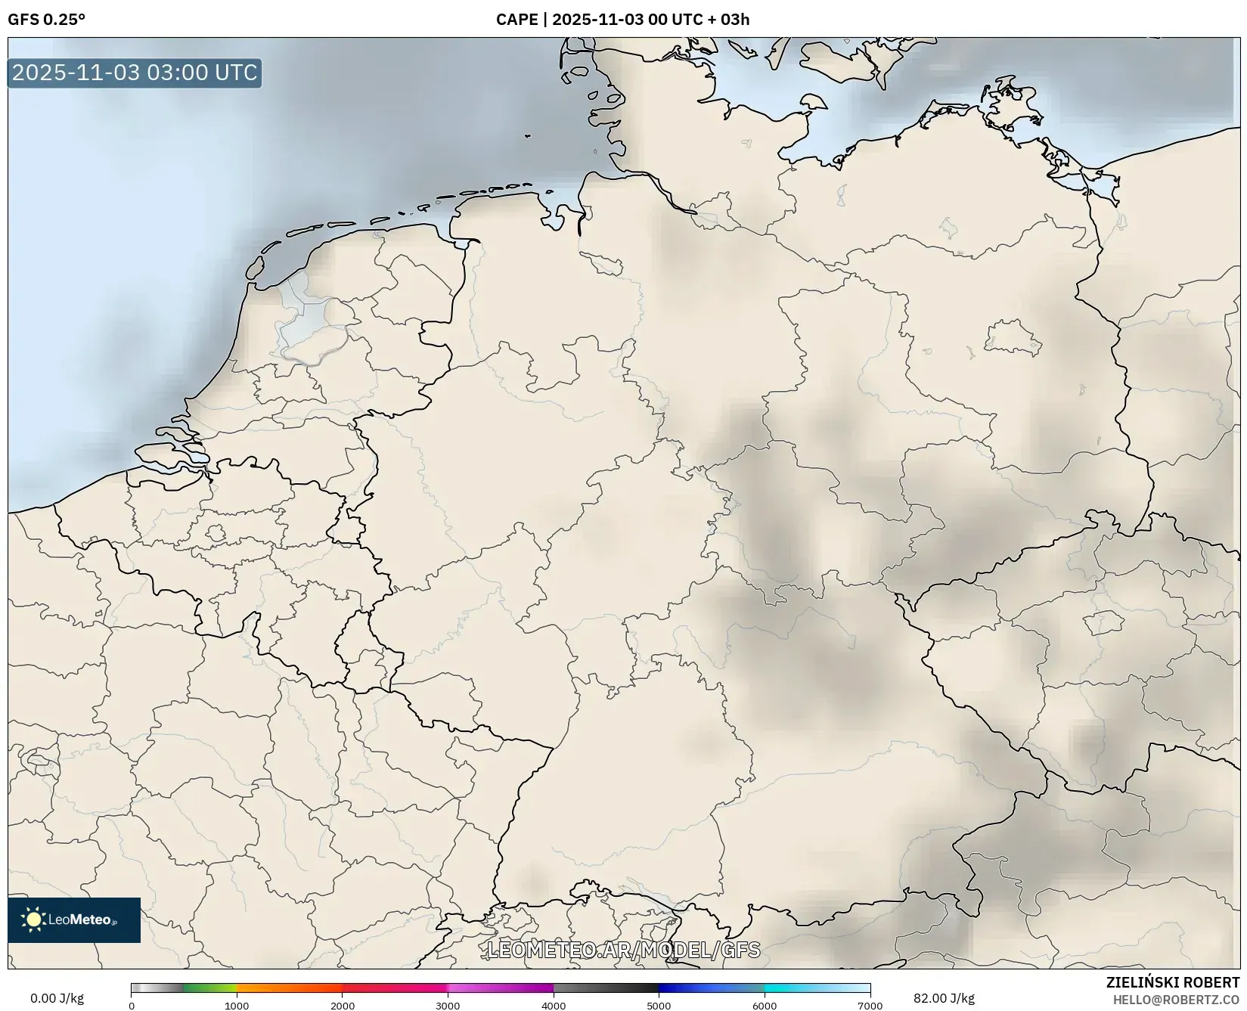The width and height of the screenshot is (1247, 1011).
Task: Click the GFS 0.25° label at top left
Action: click(46, 20)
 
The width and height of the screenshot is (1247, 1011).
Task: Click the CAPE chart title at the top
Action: click(622, 20)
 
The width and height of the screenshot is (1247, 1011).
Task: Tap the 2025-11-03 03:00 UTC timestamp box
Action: click(135, 73)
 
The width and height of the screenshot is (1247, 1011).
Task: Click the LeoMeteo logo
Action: click(74, 920)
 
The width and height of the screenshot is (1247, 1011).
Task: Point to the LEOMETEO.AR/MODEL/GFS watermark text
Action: click(623, 949)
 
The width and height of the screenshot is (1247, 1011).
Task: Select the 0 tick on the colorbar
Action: click(132, 1006)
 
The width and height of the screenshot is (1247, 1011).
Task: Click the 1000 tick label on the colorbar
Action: click(237, 1006)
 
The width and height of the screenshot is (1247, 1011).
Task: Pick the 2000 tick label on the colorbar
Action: click(343, 1006)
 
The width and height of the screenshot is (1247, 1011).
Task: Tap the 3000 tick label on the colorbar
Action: click(448, 1006)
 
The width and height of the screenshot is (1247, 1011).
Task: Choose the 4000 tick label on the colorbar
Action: click(554, 1006)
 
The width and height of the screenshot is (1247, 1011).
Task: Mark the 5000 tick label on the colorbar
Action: click(659, 1006)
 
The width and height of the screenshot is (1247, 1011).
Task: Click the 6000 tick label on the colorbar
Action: click(765, 1006)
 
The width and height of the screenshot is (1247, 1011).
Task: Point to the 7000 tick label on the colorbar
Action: click(870, 1006)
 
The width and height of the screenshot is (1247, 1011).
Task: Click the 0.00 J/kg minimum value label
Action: click(57, 998)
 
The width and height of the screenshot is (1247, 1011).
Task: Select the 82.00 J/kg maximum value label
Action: click(944, 998)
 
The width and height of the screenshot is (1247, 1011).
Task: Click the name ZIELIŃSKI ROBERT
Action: click(1172, 982)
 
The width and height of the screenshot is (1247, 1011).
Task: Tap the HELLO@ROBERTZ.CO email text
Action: click(1176, 1000)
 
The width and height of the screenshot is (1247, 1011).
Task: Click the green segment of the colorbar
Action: click(210, 988)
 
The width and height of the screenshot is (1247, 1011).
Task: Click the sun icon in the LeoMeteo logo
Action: click(34, 920)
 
